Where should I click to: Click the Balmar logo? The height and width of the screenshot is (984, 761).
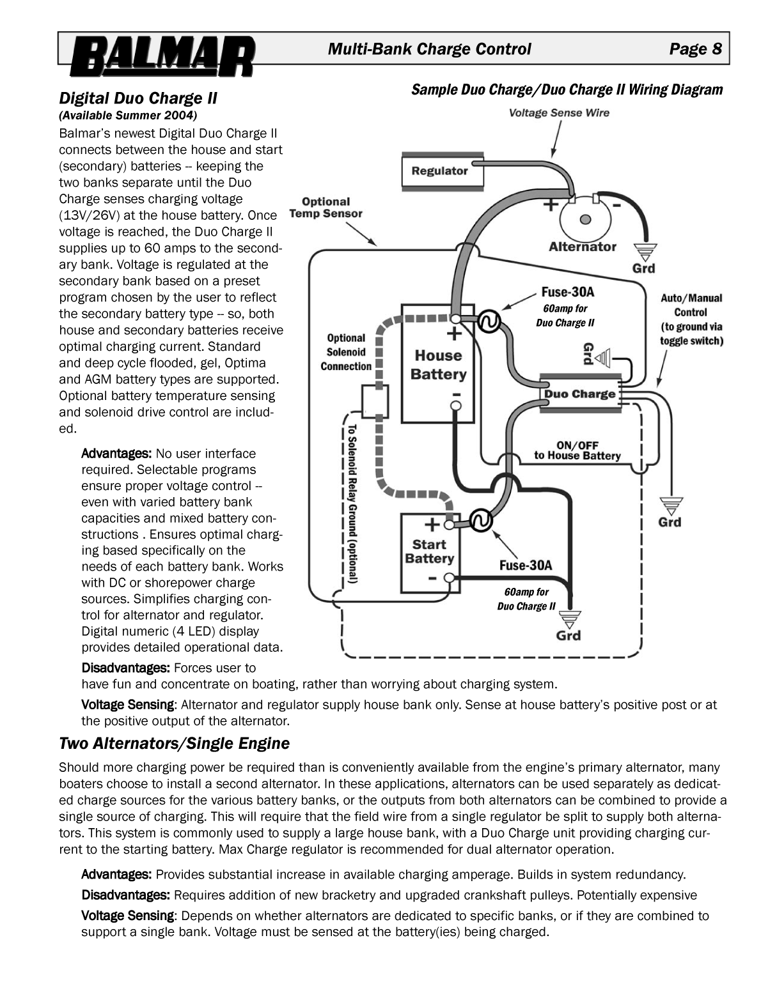click(x=162, y=56)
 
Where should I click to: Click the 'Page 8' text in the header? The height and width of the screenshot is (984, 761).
click(x=695, y=49)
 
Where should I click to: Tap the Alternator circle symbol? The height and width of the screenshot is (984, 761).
click(x=584, y=220)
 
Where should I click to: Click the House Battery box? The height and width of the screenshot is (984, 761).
click(x=438, y=365)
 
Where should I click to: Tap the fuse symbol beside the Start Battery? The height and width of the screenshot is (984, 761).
click(x=480, y=521)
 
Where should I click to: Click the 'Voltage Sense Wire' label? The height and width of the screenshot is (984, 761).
click(x=559, y=113)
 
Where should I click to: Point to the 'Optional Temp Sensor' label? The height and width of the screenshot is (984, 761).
click(x=326, y=208)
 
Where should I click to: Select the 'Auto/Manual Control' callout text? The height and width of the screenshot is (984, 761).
click(x=691, y=319)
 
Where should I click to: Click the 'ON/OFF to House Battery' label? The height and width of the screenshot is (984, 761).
click(x=577, y=450)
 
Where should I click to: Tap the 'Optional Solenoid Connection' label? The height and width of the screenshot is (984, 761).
click(x=346, y=352)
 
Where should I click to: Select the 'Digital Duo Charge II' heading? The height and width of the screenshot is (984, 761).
click(x=138, y=98)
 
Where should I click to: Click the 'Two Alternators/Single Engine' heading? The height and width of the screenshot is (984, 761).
click(x=174, y=744)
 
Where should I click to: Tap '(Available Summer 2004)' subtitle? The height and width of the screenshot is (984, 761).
click(x=128, y=116)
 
